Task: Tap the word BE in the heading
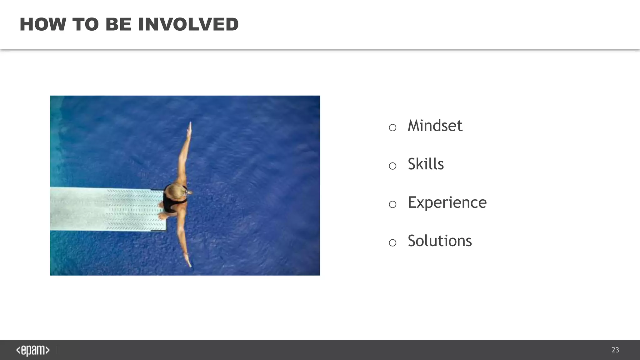118,25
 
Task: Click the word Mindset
435,126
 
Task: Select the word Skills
426,164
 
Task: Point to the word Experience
447,203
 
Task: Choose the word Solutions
440,241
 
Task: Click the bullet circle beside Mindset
392,127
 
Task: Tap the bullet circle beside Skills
392,166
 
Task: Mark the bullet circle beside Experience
392,204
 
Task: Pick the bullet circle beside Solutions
392,243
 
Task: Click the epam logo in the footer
33,350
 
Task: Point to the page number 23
615,350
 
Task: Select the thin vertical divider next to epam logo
57,350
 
